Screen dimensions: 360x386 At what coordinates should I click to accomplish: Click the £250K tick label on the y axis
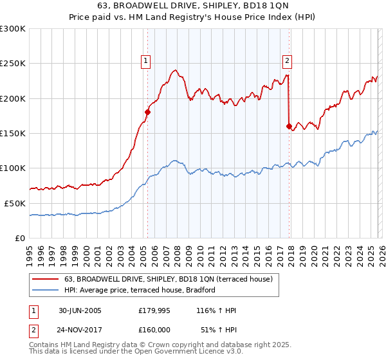click(12, 64)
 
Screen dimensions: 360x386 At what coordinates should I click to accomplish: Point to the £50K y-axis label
click(15, 203)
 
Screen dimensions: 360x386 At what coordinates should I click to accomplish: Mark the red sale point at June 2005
click(147, 112)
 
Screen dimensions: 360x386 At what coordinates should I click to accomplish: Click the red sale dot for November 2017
click(289, 126)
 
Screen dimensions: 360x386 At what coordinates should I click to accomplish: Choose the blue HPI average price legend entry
click(139, 290)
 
